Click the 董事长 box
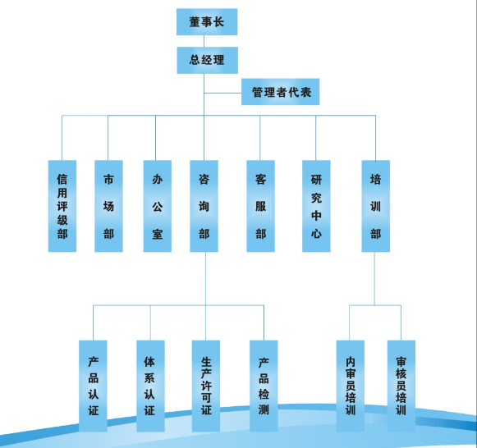click(207, 22)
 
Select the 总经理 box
click(207, 60)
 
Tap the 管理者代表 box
click(280, 92)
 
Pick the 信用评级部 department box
click(62, 206)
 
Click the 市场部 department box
click(108, 206)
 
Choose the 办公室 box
click(158, 206)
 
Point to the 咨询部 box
click(204, 206)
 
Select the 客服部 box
click(261, 206)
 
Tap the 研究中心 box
click(316, 206)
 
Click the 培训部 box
click(375, 206)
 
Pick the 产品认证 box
click(93, 386)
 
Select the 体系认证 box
click(150, 386)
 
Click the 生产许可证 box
click(206, 386)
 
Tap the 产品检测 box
click(264, 386)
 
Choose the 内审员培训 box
click(350, 386)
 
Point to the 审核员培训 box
click(401, 386)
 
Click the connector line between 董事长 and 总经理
click(204, 41)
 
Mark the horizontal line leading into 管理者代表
click(222, 93)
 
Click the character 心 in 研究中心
click(316, 234)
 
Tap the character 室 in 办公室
click(158, 234)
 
